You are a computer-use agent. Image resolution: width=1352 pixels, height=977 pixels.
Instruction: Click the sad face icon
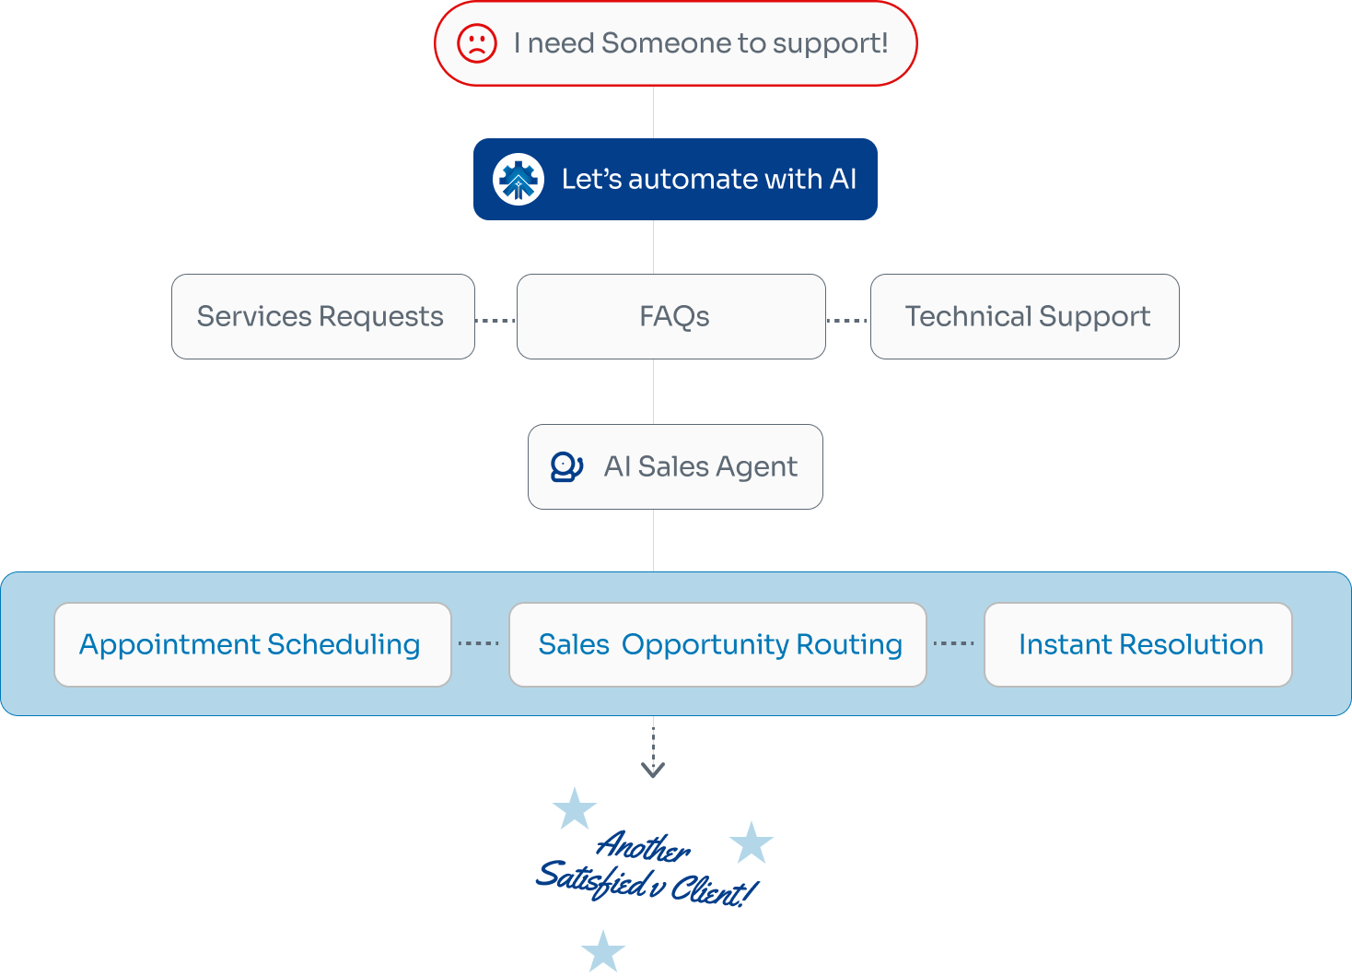click(477, 43)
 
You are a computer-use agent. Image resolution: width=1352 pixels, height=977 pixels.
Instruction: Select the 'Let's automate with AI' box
click(675, 179)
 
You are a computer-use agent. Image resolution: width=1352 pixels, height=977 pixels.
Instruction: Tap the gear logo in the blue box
click(519, 179)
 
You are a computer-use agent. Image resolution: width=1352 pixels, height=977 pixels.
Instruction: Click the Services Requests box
click(322, 316)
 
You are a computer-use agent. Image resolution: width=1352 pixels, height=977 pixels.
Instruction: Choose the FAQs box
click(671, 316)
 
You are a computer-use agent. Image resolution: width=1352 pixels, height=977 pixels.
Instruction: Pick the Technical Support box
click(1025, 316)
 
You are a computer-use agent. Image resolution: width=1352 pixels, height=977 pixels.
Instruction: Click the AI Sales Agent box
click(675, 466)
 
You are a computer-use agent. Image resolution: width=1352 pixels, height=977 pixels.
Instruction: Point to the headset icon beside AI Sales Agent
click(566, 466)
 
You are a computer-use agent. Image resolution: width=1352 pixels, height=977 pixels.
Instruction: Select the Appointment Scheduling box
click(252, 644)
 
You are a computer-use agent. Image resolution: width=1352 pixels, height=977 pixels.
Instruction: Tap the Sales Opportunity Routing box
click(717, 644)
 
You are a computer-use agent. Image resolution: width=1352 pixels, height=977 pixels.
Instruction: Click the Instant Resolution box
click(1138, 644)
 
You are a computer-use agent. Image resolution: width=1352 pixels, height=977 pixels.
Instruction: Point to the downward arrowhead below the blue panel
click(653, 770)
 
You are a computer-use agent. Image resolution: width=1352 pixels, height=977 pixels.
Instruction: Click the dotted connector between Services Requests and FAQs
click(495, 321)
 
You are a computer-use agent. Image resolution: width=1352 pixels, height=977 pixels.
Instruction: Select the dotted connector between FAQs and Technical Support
click(848, 321)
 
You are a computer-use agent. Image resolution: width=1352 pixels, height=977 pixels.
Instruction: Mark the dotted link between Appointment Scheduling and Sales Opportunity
click(479, 643)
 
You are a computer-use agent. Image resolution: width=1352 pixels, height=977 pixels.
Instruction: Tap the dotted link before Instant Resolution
click(954, 643)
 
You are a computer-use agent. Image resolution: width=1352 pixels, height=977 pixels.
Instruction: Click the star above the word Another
click(575, 808)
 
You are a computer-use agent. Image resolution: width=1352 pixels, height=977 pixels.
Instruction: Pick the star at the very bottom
click(603, 951)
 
